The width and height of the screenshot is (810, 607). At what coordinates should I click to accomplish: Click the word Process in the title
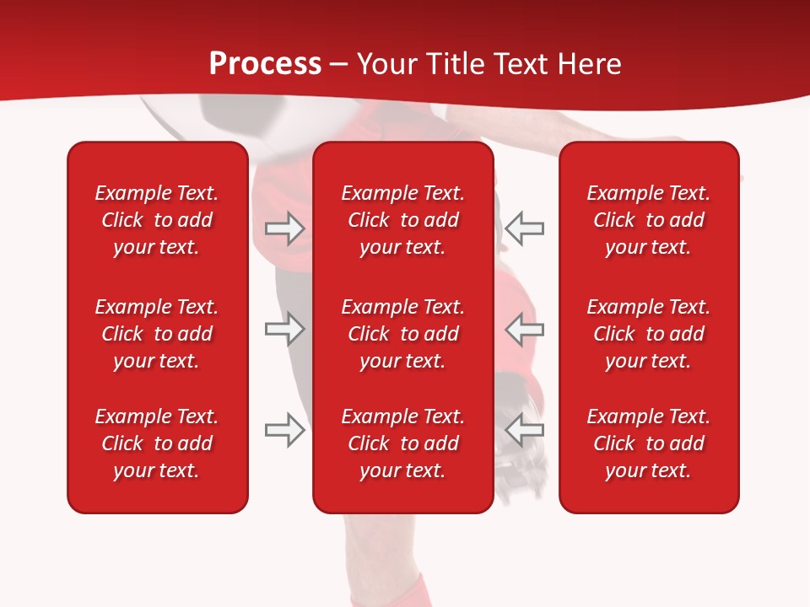[x=265, y=64]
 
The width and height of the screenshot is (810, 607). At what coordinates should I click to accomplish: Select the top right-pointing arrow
[x=284, y=228]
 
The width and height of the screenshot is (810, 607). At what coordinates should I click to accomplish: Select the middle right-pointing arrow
[x=284, y=329]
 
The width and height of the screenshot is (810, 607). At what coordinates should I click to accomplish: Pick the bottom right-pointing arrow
[x=284, y=430]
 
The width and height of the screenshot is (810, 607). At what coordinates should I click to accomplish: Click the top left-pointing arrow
[x=525, y=228]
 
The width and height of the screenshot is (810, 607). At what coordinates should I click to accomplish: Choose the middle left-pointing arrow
[x=525, y=329]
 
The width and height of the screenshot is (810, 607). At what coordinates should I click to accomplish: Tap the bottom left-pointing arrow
[x=525, y=430]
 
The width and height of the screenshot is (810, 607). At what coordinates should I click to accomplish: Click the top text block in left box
[x=157, y=220]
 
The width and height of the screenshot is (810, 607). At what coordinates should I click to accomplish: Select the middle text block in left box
[x=157, y=334]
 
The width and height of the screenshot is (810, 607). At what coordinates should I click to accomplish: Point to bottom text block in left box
[x=157, y=443]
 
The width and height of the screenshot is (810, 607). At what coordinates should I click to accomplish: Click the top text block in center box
[x=402, y=220]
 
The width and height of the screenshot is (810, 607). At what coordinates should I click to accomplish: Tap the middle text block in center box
[x=402, y=334]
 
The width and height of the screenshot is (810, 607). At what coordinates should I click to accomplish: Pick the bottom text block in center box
[x=402, y=443]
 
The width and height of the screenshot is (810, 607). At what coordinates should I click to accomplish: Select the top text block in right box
[x=648, y=220]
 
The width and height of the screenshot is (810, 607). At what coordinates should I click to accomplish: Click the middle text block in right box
[x=648, y=334]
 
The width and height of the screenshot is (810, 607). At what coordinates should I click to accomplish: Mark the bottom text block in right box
[x=648, y=443]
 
